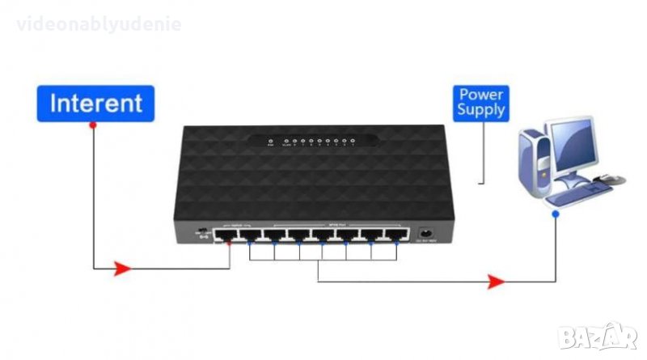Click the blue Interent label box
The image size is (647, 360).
click(x=95, y=104)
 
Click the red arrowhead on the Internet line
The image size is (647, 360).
click(x=121, y=268)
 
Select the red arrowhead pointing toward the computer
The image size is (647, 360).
click(x=496, y=281)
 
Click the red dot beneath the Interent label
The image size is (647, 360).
click(x=93, y=125)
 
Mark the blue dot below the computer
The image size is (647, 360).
click(x=556, y=214)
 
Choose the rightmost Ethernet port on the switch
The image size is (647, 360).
click(x=395, y=235)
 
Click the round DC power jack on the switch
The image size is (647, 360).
click(x=424, y=235)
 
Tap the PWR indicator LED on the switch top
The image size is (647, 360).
click(x=271, y=142)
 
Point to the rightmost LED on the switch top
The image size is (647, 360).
click(x=353, y=142)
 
